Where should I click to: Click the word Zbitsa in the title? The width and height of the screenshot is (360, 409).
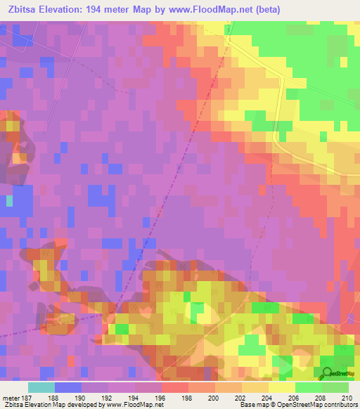tap(20, 9)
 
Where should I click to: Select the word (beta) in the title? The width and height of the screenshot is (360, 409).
tap(297, 9)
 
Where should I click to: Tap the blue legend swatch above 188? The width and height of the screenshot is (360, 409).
tap(68, 387)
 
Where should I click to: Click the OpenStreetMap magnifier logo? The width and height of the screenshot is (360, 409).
tap(328, 372)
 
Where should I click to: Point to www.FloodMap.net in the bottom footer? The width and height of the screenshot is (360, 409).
tap(134, 405)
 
